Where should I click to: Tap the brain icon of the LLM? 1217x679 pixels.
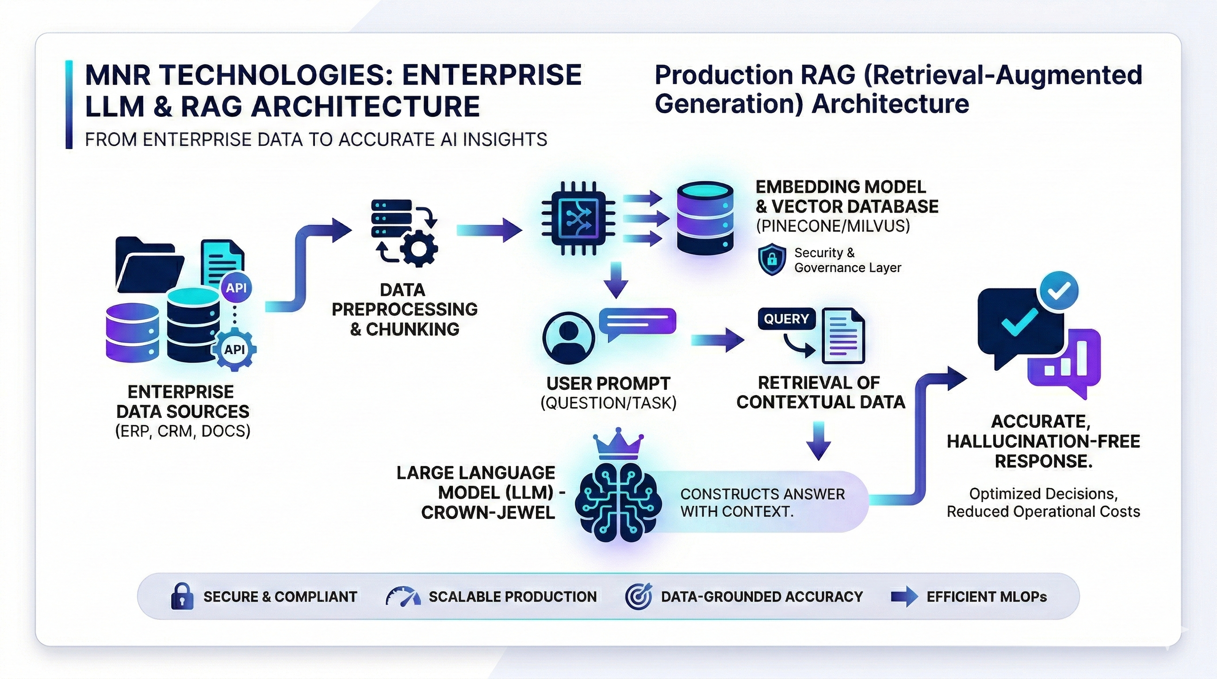(618, 501)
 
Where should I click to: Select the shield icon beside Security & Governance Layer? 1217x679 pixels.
(772, 259)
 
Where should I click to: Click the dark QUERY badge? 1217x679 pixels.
(786, 319)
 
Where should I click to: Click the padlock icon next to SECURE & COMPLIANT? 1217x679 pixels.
(182, 596)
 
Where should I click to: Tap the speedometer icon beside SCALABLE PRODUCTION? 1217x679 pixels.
(402, 597)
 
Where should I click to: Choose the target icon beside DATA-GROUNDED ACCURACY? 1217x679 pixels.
(638, 596)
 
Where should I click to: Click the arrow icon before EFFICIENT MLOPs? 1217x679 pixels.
(904, 597)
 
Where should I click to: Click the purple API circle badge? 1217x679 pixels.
(236, 288)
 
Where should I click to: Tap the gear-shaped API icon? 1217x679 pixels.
(235, 349)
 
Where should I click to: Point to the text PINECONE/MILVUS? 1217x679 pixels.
(832, 226)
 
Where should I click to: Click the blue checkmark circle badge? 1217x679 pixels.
(1059, 292)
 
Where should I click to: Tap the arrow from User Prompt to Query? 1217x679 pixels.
(717, 340)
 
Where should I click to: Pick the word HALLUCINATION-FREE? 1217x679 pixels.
(1043, 442)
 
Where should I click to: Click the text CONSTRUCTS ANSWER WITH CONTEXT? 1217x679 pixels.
(762, 503)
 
